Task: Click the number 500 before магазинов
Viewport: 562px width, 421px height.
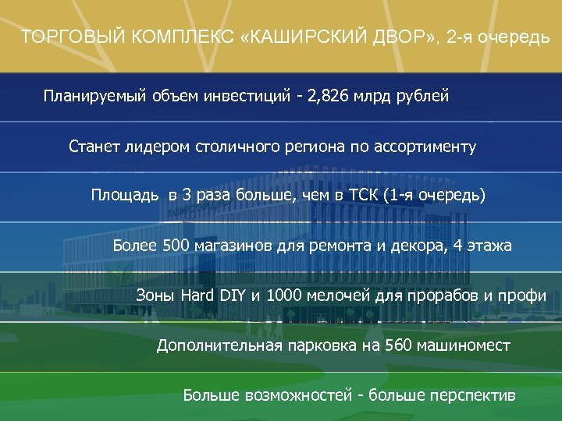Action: pyautogui.click(x=165, y=246)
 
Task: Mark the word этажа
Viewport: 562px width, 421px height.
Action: pyautogui.click(x=489, y=246)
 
